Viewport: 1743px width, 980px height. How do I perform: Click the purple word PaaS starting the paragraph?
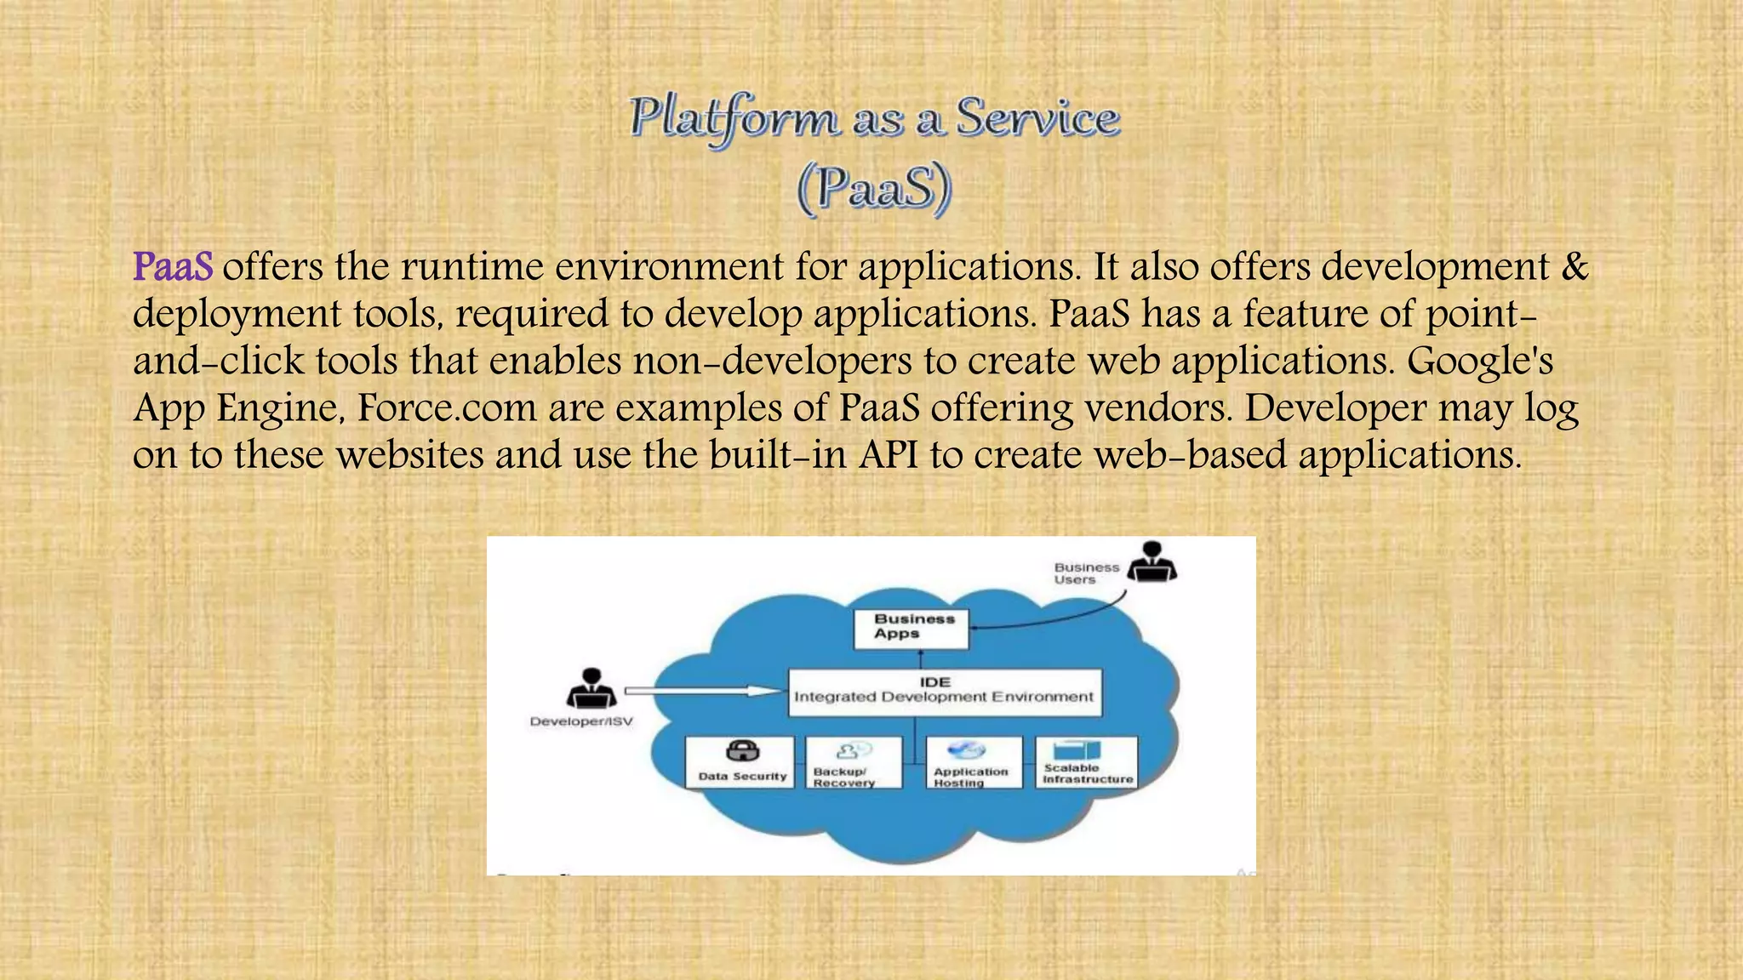coord(173,267)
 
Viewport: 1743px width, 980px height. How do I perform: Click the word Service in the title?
coord(1037,117)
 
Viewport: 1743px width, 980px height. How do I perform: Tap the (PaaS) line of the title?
coord(874,188)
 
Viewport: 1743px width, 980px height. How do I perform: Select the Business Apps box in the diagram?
coord(911,628)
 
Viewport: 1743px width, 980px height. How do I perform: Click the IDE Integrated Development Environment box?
coord(944,691)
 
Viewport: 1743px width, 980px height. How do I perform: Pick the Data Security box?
coord(740,763)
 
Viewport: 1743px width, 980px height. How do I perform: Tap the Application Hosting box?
coord(974,763)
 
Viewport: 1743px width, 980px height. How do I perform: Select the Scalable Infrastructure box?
coord(1087,762)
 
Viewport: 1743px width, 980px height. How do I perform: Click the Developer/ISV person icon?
coord(591,689)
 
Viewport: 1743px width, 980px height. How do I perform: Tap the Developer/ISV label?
coord(581,721)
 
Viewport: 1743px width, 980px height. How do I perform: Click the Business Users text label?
coord(1086,573)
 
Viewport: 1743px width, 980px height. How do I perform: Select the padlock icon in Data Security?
coord(742,751)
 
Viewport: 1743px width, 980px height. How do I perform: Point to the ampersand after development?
coord(1575,267)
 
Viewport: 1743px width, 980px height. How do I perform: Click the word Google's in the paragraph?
coord(1479,362)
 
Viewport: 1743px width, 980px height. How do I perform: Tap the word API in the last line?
coord(889,455)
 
